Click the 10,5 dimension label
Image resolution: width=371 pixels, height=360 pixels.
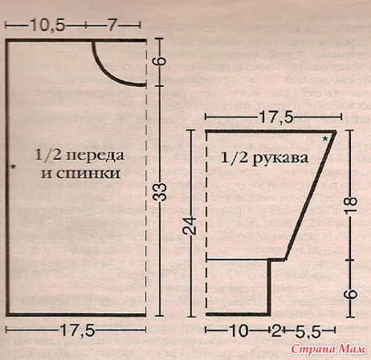click(47, 25)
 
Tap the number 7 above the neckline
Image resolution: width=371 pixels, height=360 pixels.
click(112, 25)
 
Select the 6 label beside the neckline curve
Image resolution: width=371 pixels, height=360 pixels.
click(161, 61)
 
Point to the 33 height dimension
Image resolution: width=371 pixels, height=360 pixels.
click(161, 192)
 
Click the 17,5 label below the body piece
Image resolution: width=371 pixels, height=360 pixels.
click(77, 330)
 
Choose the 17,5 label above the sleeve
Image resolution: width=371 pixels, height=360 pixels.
click(276, 117)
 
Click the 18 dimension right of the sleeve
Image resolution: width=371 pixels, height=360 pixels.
click(351, 205)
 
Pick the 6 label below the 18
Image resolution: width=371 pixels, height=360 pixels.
click(351, 294)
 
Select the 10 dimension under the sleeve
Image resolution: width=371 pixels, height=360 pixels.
click(239, 330)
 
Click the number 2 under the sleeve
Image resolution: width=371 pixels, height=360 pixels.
click(277, 330)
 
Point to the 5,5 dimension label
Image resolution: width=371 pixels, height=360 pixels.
click(308, 331)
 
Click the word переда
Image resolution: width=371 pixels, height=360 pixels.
click(95, 156)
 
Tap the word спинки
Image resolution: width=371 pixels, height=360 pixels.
click(88, 174)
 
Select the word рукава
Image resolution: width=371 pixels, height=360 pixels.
click(280, 158)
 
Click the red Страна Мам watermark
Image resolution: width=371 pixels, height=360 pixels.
click(328, 349)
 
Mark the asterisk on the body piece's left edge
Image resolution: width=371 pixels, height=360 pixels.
click(13, 167)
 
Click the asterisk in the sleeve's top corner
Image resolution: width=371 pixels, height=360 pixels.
click(326, 139)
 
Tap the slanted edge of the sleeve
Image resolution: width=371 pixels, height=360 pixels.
click(311, 195)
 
